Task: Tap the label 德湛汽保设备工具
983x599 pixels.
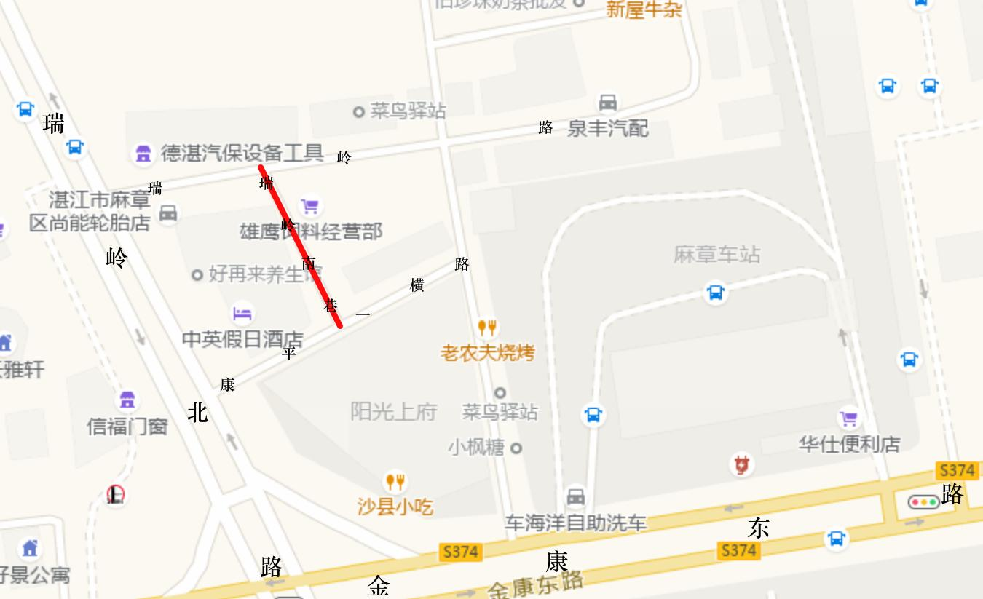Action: (242, 153)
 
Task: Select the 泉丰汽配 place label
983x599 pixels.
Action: (607, 129)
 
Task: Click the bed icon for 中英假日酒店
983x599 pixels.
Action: (242, 314)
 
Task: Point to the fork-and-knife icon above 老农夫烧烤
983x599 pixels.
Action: (486, 328)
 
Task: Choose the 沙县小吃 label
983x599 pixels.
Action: (395, 506)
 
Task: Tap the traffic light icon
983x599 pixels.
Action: (923, 501)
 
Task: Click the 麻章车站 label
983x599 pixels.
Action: (716, 255)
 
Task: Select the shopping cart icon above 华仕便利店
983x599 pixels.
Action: (848, 418)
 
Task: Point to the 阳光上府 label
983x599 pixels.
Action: (393, 412)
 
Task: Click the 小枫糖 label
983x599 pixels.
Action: (476, 447)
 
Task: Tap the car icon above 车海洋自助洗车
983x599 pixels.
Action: (575, 497)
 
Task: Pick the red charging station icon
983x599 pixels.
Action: (741, 464)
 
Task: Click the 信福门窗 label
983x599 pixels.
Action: (127, 426)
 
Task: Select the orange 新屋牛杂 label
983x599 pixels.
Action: (644, 9)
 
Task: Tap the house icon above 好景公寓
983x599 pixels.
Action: (30, 547)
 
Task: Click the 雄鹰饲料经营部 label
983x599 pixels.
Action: (311, 231)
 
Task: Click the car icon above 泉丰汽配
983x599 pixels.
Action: (607, 102)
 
